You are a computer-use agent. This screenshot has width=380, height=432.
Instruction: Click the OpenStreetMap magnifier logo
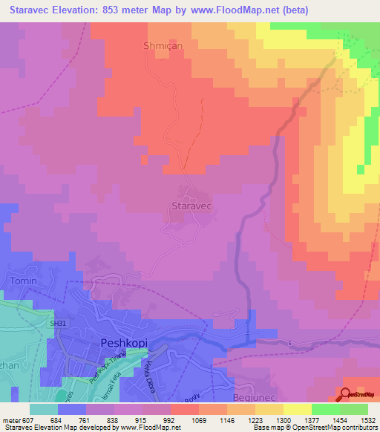[x=347, y=394]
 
